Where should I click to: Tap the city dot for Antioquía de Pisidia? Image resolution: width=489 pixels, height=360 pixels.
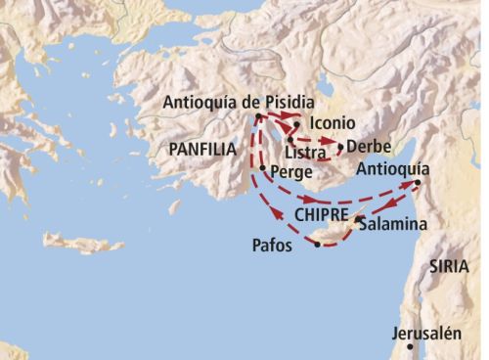click(257, 117)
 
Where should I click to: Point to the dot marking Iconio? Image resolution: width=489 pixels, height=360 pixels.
click(295, 125)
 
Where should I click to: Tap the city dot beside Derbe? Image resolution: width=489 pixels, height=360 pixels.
click(340, 148)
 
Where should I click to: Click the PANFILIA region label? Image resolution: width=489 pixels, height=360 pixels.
click(201, 150)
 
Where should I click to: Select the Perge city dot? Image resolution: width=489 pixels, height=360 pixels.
click(262, 168)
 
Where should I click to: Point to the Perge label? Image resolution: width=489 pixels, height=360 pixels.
click(291, 170)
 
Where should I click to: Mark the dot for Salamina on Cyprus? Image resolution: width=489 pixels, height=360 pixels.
click(358, 220)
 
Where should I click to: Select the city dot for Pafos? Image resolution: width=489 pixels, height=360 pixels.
click(317, 245)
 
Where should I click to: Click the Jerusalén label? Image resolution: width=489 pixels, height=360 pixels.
click(425, 333)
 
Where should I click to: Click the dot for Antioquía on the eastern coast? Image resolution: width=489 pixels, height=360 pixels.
click(418, 183)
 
